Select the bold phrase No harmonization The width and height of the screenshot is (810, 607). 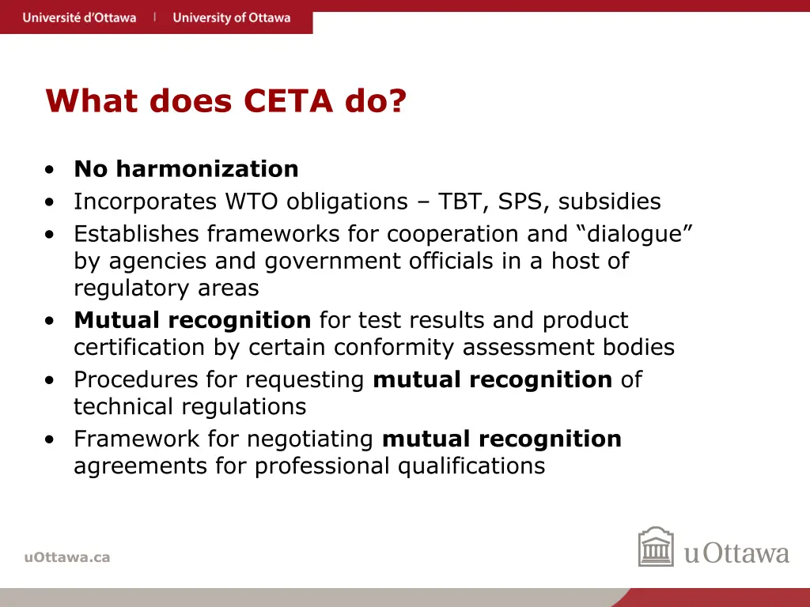pyautogui.click(x=186, y=169)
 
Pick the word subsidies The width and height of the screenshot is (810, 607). pyautogui.click(x=610, y=202)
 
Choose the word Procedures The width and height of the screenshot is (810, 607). pyautogui.click(x=136, y=380)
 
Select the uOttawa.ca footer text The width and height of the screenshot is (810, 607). pyautogui.click(x=67, y=557)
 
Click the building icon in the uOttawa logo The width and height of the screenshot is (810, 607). pyautogui.click(x=656, y=547)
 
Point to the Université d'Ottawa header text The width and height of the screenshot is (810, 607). pyautogui.click(x=79, y=17)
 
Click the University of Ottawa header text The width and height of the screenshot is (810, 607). pyautogui.click(x=231, y=17)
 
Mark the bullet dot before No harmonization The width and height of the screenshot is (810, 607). pyautogui.click(x=50, y=170)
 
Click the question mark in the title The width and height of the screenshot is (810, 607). pyautogui.click(x=398, y=101)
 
